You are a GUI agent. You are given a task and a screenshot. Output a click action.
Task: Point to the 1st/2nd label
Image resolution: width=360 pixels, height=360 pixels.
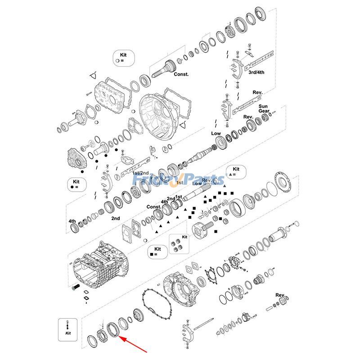click(140, 173)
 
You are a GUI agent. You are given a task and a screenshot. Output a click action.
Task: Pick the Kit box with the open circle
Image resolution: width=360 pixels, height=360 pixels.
click(121, 57)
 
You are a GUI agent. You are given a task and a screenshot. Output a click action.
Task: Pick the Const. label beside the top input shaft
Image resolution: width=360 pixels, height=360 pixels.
click(181, 74)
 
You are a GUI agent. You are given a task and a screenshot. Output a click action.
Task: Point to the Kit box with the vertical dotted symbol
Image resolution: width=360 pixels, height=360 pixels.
click(68, 328)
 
